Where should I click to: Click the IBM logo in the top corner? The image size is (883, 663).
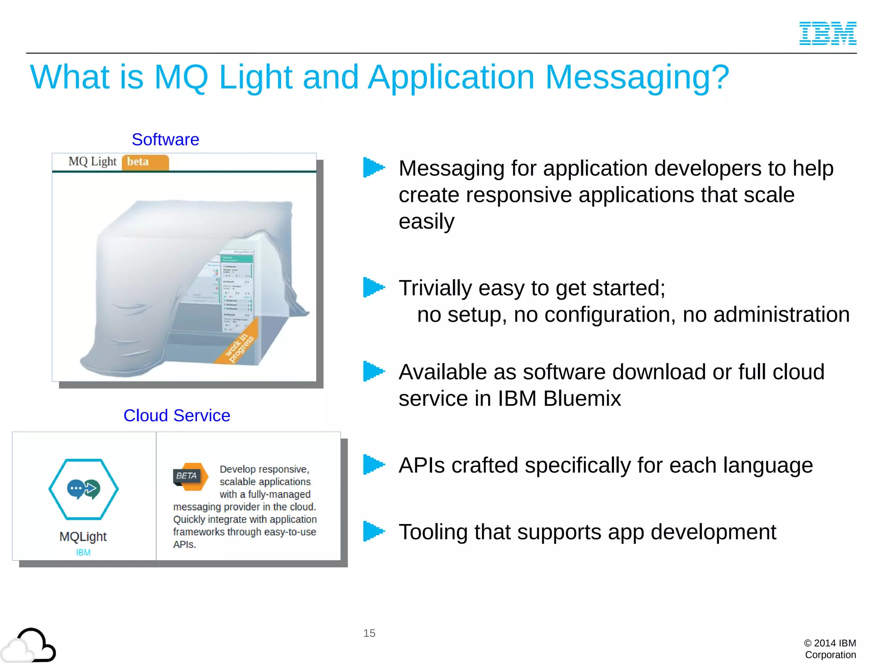point(827,33)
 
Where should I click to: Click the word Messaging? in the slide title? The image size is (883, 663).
point(637,77)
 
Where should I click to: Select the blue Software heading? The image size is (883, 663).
point(165,139)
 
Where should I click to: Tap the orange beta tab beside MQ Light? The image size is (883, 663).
point(145,162)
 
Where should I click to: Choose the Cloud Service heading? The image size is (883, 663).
point(177,415)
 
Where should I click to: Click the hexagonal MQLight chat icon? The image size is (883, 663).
point(84,489)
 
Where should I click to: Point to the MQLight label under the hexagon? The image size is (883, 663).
point(83,537)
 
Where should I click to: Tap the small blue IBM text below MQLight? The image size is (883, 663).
point(83,552)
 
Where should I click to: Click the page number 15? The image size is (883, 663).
point(369,633)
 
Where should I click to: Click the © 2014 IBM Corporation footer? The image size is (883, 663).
point(830,649)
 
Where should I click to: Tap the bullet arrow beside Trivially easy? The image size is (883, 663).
point(373,287)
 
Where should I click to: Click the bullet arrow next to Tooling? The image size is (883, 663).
point(373,531)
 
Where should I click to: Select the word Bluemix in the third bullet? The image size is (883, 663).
point(582,398)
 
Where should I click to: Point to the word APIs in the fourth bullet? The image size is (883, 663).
point(422,465)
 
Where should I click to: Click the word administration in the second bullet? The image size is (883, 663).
point(781,315)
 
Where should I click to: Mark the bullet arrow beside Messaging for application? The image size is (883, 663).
point(373,167)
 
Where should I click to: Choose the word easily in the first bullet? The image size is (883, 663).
point(426,222)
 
